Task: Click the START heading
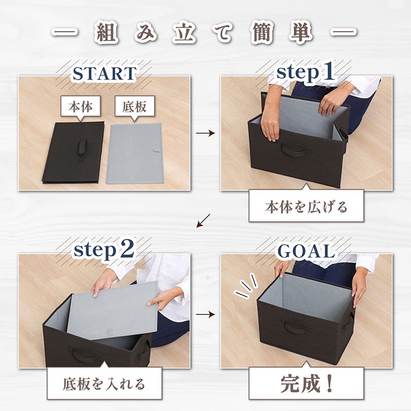click(104, 73)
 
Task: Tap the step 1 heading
click(305, 72)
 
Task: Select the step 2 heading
click(104, 250)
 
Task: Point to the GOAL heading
click(306, 251)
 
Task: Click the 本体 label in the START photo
click(81, 106)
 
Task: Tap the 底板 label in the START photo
click(135, 106)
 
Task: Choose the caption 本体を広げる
click(306, 207)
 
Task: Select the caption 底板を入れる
click(104, 384)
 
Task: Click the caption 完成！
click(306, 384)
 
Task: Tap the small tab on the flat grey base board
click(157, 151)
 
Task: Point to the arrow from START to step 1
click(205, 133)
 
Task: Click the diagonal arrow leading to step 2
click(203, 221)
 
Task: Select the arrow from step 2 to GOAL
click(205, 314)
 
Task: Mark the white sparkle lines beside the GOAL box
click(246, 286)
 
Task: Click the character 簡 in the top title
click(261, 33)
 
